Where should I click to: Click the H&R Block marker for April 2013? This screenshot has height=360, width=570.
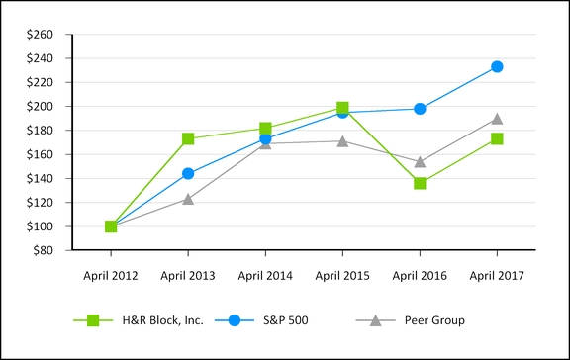[x=188, y=138]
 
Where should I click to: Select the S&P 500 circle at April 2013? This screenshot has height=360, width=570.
[x=188, y=173]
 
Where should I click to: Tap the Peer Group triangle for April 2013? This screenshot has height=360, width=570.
[x=188, y=199]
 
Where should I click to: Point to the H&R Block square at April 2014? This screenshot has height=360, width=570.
[x=265, y=129]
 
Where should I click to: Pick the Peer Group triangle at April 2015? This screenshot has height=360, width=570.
[x=342, y=141]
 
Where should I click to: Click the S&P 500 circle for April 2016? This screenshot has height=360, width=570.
[x=420, y=109]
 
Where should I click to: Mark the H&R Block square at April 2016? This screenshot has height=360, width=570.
[x=420, y=183]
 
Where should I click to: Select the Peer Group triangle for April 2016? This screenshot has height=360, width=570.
[x=420, y=161]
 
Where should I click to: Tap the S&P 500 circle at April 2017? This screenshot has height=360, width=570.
[x=497, y=66]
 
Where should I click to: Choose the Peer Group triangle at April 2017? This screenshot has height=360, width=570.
[x=497, y=119]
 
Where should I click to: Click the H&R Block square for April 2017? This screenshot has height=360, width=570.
[x=497, y=138]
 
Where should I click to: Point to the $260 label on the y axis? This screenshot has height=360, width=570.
[x=41, y=35]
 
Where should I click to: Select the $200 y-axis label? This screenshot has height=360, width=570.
[x=41, y=107]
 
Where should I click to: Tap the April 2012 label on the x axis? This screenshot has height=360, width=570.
[x=111, y=274]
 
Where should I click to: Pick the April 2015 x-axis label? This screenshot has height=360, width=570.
[x=342, y=274]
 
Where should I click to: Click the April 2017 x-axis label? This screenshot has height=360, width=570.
[x=497, y=274]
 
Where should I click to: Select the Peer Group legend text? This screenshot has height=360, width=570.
[x=435, y=320]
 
